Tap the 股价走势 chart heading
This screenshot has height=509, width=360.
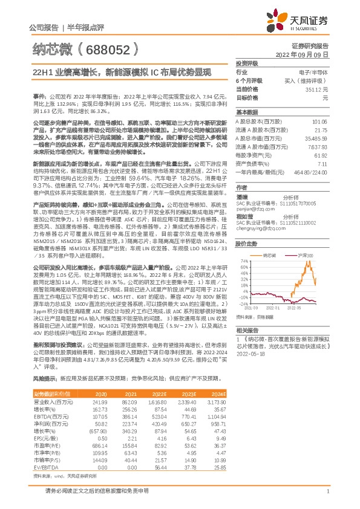(247, 244)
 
